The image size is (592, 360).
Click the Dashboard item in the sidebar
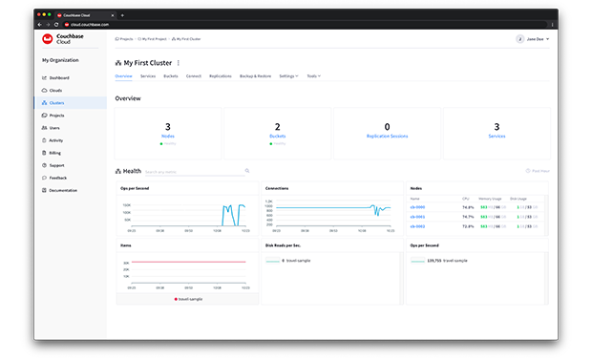pos(59,77)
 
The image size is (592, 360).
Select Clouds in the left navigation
pos(55,90)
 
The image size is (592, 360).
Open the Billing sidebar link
pos(55,152)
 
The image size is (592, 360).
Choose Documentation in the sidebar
pos(63,190)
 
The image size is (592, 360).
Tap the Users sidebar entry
pos(54,127)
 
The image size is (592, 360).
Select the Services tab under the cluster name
pos(148,75)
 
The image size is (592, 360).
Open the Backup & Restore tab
pos(255,75)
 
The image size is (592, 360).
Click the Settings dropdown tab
pos(288,75)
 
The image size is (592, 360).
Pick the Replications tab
pos(220,75)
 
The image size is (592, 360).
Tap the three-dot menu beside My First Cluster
pos(178,63)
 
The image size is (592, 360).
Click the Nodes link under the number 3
pos(168,137)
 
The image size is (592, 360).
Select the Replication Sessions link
pos(387,137)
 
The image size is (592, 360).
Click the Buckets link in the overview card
pos(278,137)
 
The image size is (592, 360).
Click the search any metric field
pos(196,172)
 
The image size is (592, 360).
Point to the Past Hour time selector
pos(538,172)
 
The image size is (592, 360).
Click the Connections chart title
pos(277,188)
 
